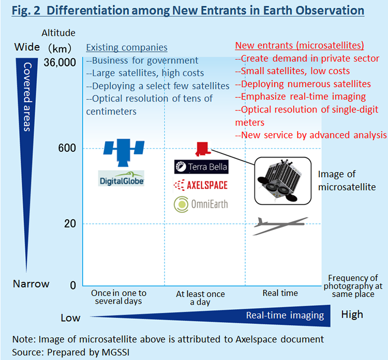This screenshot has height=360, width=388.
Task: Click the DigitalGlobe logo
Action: [121, 178]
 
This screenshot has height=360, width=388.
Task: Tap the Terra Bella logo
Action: [201, 167]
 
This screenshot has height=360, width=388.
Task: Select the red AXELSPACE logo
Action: [201, 185]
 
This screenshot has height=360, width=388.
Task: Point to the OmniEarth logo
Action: [201, 205]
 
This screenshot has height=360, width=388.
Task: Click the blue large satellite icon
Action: [124, 152]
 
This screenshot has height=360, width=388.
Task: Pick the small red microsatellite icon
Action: [203, 149]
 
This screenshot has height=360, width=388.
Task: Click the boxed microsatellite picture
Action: [283, 181]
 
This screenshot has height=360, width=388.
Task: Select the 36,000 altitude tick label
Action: [60, 63]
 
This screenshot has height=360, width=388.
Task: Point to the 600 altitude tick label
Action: [67, 148]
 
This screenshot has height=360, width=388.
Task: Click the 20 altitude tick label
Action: [70, 223]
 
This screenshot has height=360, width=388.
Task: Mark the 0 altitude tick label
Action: [73, 285]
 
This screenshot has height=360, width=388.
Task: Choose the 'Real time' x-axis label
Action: [280, 293]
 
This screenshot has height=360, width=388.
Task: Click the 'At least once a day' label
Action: [200, 298]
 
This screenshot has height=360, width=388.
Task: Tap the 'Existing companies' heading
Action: [127, 47]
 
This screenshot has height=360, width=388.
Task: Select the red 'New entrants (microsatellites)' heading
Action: [300, 46]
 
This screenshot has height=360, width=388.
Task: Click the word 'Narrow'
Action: [31, 284]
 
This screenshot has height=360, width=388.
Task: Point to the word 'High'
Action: [352, 314]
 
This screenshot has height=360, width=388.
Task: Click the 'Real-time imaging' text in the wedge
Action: [285, 315]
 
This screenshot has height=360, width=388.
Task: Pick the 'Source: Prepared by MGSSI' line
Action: [71, 352]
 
